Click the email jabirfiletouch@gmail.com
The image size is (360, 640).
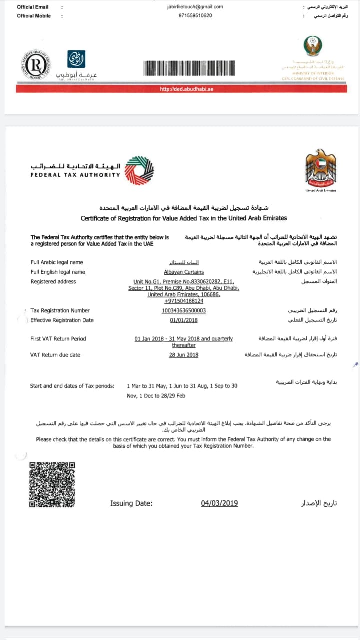195,7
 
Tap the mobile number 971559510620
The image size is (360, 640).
195,16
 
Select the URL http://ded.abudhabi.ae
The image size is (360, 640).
180,89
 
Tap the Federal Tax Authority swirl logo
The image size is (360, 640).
139,171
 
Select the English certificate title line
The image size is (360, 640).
184,218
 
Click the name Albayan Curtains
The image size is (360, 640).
184,272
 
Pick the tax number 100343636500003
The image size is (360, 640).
184,311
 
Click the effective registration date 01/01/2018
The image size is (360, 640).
184,320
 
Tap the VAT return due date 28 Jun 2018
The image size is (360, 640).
184,355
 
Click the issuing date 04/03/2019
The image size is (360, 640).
219,503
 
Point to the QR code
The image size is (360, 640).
52,485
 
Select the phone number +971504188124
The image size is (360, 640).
184,301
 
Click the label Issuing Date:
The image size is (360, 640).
131,503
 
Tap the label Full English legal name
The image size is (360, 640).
58,272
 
